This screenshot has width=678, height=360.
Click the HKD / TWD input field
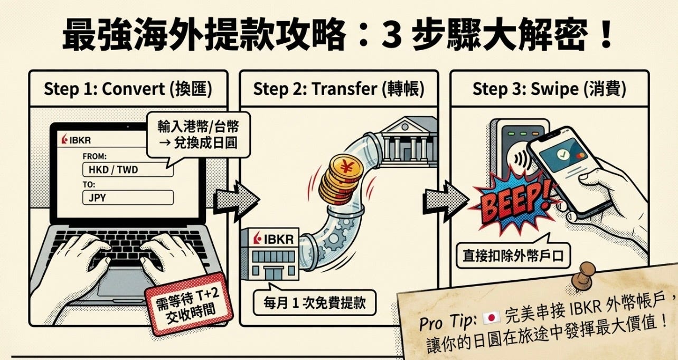coord(128,170)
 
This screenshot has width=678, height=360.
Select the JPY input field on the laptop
coord(128,197)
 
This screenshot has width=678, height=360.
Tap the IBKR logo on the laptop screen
coord(76,140)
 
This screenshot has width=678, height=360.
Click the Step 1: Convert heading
coord(128,89)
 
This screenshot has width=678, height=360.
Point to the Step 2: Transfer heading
coord(338,89)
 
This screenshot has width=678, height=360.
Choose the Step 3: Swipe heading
coord(549,89)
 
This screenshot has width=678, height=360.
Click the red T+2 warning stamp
coord(189,305)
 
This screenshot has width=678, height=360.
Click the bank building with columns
coord(409,142)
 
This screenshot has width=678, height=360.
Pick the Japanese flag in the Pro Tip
coord(492,317)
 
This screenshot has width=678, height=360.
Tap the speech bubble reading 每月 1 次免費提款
coord(314,302)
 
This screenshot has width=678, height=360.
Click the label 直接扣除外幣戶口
coord(513,255)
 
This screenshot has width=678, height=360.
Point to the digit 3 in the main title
coord(391,35)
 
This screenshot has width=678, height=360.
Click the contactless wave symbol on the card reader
coord(521,158)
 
